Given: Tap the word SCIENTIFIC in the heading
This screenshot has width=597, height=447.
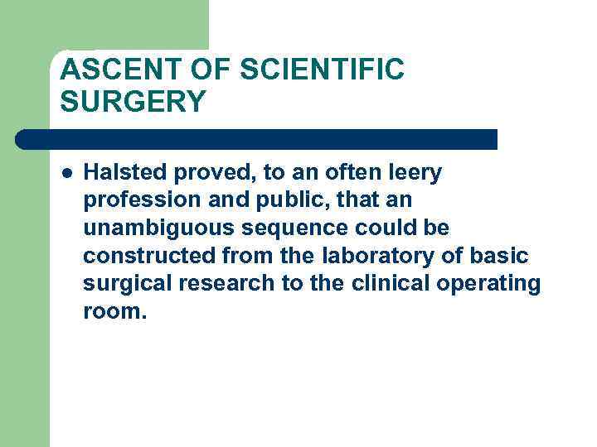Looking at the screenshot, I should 322,70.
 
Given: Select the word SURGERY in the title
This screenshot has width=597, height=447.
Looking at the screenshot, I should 132,102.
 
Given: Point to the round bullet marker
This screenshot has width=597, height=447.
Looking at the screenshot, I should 66,174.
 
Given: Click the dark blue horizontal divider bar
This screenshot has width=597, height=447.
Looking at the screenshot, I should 257,139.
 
